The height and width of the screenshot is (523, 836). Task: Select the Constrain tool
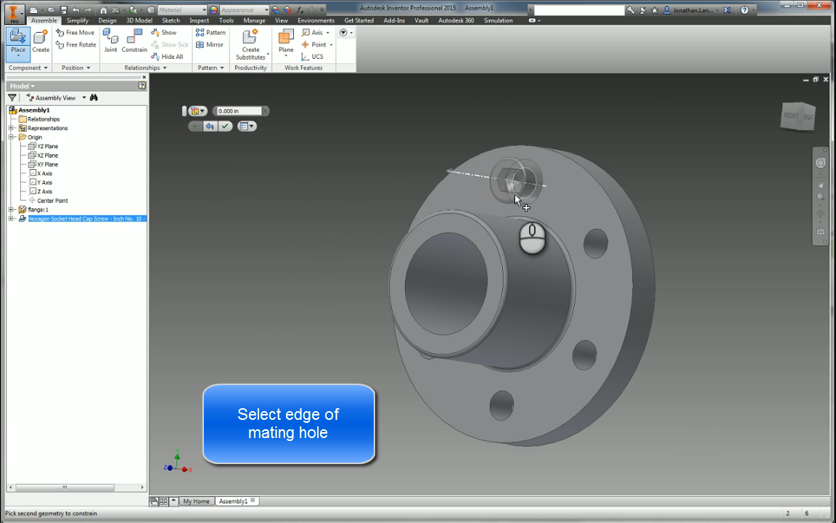tap(134, 41)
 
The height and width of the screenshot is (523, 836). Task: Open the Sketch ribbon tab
tap(171, 20)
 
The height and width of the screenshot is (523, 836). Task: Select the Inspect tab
tap(199, 20)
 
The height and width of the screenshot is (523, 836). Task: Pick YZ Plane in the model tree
tap(47, 147)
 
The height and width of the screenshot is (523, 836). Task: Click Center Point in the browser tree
tap(52, 200)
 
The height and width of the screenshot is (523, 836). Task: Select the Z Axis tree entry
tap(44, 192)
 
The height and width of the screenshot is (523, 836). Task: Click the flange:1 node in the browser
tap(38, 210)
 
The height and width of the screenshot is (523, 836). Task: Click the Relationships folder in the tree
tap(44, 119)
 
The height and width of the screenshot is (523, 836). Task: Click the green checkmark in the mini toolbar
tap(226, 126)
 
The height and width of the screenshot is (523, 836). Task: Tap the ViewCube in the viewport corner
tap(798, 116)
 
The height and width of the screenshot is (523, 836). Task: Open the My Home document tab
tap(196, 501)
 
